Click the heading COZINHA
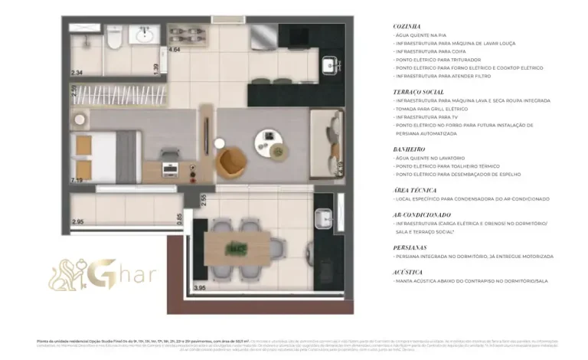(407, 27)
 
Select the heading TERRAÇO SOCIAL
(418, 91)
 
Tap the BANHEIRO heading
(410, 149)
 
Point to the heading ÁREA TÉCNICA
(414, 190)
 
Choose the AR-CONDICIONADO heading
(422, 214)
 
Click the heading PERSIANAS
(410, 247)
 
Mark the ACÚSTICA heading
(408, 272)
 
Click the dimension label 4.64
(175, 50)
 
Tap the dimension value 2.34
(77, 73)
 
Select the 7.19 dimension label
(77, 181)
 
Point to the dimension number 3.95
(200, 288)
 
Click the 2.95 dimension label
(77, 222)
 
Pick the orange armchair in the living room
(230, 162)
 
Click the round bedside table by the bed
(80, 118)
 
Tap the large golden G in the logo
(105, 273)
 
